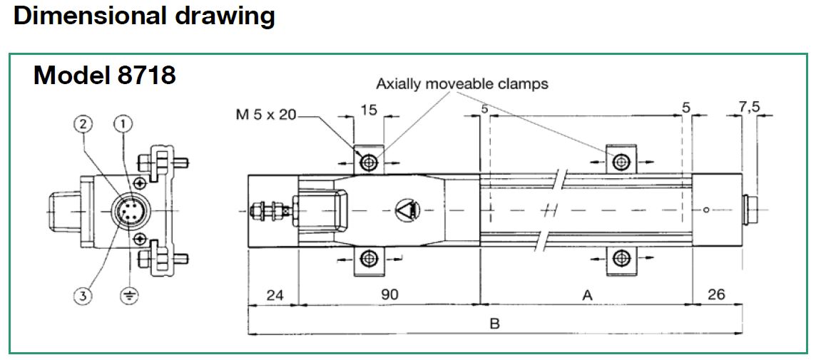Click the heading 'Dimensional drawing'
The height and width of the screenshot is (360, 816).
[144, 16]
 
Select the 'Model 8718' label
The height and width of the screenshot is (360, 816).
[104, 75]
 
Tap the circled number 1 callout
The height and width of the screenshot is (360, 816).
[124, 124]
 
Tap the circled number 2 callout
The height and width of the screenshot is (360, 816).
[83, 124]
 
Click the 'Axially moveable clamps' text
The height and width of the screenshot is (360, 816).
[462, 84]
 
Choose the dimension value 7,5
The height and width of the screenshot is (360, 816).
[749, 108]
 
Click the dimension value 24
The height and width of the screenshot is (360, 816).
[275, 294]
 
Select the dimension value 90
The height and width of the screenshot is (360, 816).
[389, 294]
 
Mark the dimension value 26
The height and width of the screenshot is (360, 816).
[717, 294]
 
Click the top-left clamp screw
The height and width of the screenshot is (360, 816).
[369, 163]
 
